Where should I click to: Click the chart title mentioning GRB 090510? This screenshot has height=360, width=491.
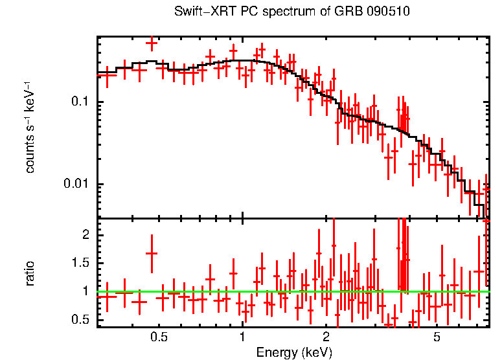pos(292,12)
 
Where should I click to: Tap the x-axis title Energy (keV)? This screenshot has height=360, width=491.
pos(294,352)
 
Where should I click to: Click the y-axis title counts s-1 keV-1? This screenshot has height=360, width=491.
pos(30,126)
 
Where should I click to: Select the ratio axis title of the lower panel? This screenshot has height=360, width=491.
pos(30,274)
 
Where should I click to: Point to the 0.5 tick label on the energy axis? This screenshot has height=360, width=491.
pos(159,337)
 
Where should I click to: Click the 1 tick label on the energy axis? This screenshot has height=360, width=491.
pos(242,337)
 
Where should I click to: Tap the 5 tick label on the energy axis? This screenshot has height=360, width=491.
pos(437,337)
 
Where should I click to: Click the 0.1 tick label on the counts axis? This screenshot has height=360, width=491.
pos(79,102)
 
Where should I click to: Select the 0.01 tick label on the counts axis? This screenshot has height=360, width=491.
pos(76,185)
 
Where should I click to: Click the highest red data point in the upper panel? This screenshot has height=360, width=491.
pos(152,43)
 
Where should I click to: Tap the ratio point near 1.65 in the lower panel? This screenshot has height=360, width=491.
pos(152,254)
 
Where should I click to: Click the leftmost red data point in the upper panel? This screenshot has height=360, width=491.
pos(107,75)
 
